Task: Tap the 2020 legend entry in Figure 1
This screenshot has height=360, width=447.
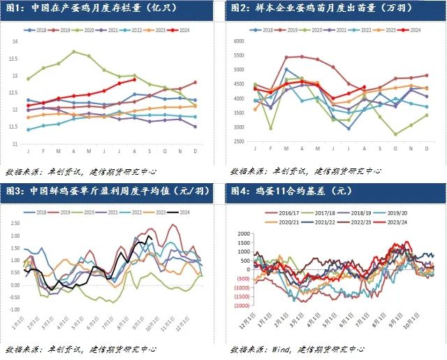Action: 87,31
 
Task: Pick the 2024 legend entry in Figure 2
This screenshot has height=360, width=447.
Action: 411,30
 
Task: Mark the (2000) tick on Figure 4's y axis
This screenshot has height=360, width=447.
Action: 242,305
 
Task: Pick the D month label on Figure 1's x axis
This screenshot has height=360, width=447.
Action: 195,151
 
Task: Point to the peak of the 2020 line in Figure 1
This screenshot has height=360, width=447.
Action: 74,51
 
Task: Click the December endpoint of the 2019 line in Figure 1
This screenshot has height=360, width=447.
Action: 195,82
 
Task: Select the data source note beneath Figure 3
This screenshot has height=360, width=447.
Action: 82,348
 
